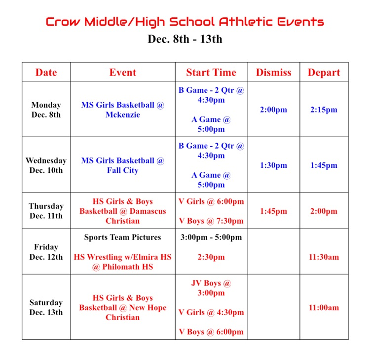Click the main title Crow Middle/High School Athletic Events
click(185, 22)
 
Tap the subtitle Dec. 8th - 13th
click(185, 39)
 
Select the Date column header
click(46, 72)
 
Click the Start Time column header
click(211, 72)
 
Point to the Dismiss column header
click(273, 72)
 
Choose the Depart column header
click(324, 72)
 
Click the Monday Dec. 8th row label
click(46, 110)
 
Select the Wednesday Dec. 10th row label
click(46, 165)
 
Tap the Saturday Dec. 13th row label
click(46, 307)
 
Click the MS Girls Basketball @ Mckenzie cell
click(123, 110)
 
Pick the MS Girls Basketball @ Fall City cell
click(123, 165)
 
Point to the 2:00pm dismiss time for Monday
click(273, 110)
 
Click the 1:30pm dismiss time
click(273, 165)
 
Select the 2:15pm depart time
click(324, 110)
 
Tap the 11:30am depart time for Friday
click(324, 257)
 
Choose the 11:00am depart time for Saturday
click(324, 307)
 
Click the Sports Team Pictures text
click(123, 237)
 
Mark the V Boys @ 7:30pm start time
click(211, 221)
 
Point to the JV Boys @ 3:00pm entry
click(211, 288)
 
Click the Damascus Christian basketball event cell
click(123, 211)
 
